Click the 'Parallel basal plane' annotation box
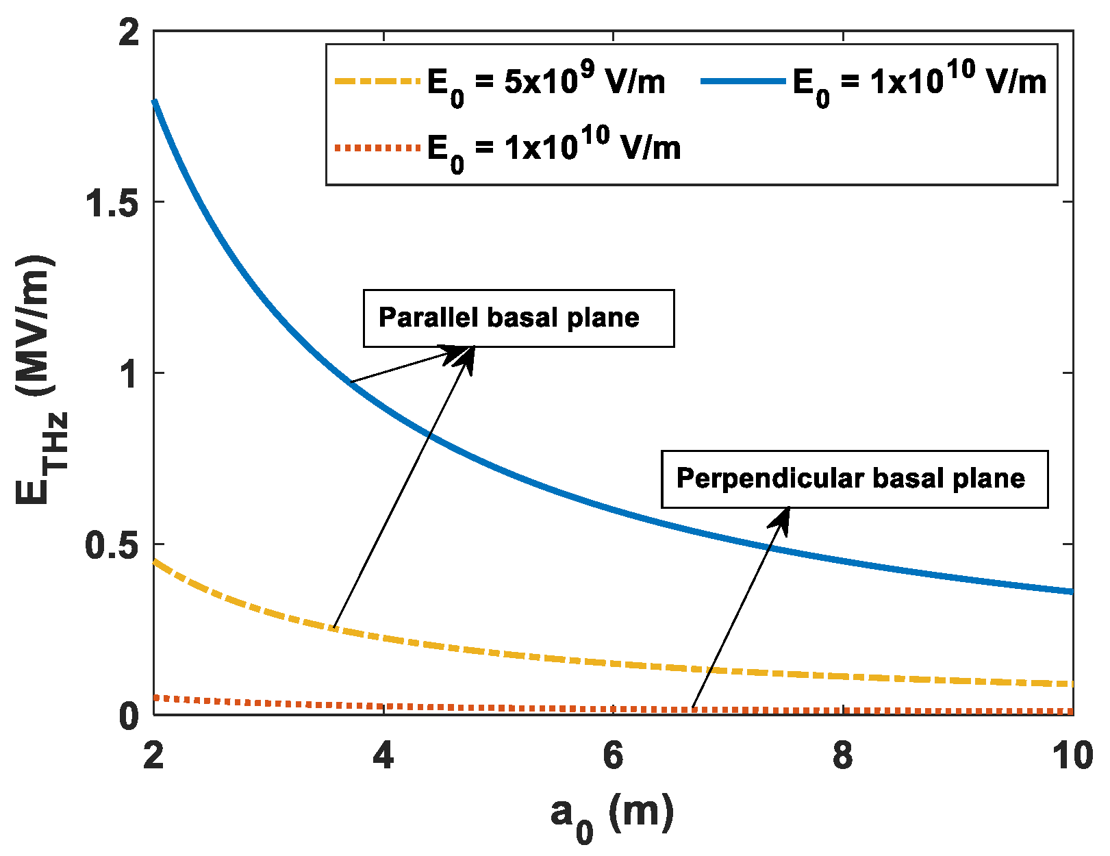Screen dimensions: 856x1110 (x=518, y=318)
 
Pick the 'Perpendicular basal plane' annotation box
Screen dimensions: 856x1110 (x=854, y=479)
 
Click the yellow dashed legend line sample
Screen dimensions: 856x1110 (x=376, y=81)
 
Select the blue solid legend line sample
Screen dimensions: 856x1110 (x=742, y=81)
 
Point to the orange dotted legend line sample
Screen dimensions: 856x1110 (x=376, y=147)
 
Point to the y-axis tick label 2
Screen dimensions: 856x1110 (x=129, y=33)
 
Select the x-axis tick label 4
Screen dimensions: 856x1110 (x=383, y=755)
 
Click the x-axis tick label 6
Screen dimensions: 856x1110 (x=613, y=755)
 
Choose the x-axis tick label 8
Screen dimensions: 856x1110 (x=843, y=755)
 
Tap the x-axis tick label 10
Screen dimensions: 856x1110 (x=1072, y=755)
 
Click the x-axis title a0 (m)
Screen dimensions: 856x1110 (x=611, y=815)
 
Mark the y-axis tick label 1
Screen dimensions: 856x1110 (x=129, y=373)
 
